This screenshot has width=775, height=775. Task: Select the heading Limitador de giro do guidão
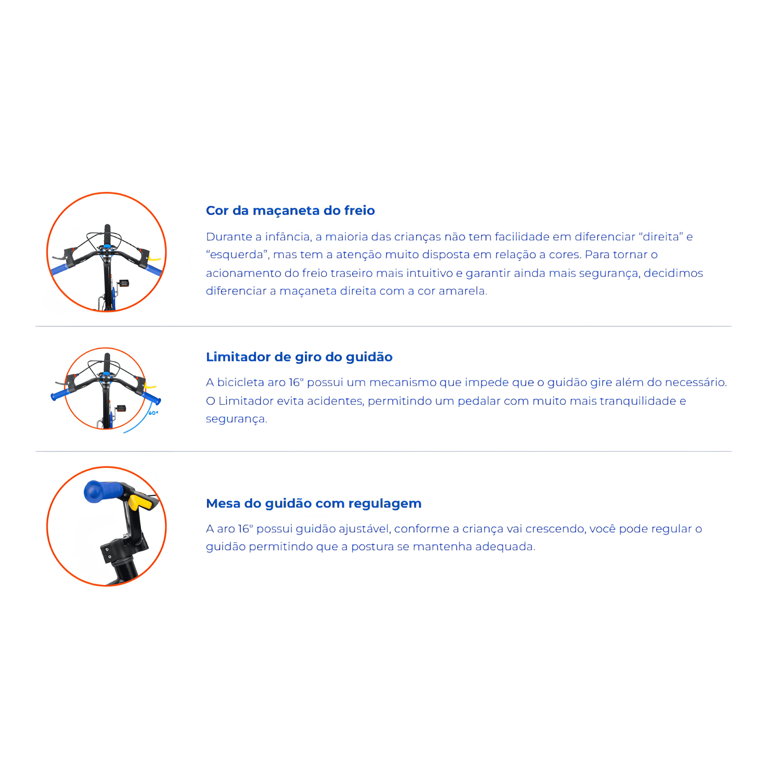tap(299, 357)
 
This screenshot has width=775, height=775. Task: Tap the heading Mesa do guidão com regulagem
tap(314, 503)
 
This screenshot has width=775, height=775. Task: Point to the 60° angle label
tap(153, 413)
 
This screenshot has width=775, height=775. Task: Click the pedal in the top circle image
tap(124, 284)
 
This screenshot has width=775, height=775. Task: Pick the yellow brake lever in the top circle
tap(155, 259)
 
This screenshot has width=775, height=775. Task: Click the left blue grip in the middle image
tap(60, 394)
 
